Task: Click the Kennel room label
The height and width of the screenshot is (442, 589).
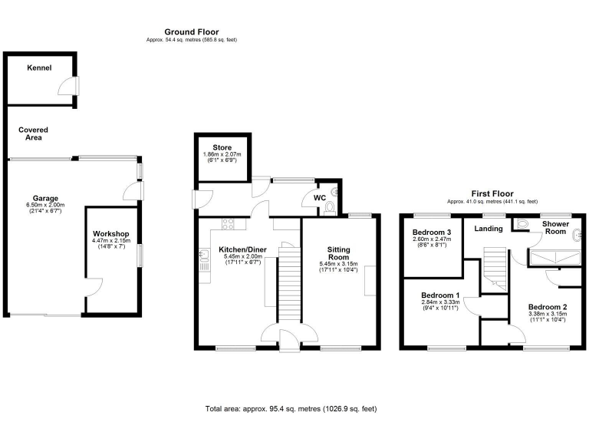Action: click(39, 68)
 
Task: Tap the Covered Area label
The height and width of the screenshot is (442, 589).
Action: click(34, 134)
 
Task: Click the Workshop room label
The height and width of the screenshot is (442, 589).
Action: click(111, 233)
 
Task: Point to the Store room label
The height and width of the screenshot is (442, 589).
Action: click(222, 148)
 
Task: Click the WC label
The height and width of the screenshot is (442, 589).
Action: click(319, 198)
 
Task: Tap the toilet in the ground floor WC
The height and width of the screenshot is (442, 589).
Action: click(330, 207)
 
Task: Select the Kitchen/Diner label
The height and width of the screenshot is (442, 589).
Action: click(242, 249)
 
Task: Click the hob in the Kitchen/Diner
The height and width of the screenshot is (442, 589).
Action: click(228, 224)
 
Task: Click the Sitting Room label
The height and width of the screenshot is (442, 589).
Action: click(339, 254)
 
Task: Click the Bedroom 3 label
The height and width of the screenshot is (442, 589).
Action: click(431, 233)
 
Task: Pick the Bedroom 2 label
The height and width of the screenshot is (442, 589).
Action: click(548, 306)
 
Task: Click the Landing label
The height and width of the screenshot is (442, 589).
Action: click(489, 229)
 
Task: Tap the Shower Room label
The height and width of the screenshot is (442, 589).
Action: click(554, 228)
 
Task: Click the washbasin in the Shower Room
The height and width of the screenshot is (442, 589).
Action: click(576, 237)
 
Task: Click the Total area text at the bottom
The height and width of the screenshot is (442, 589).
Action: click(291, 409)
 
